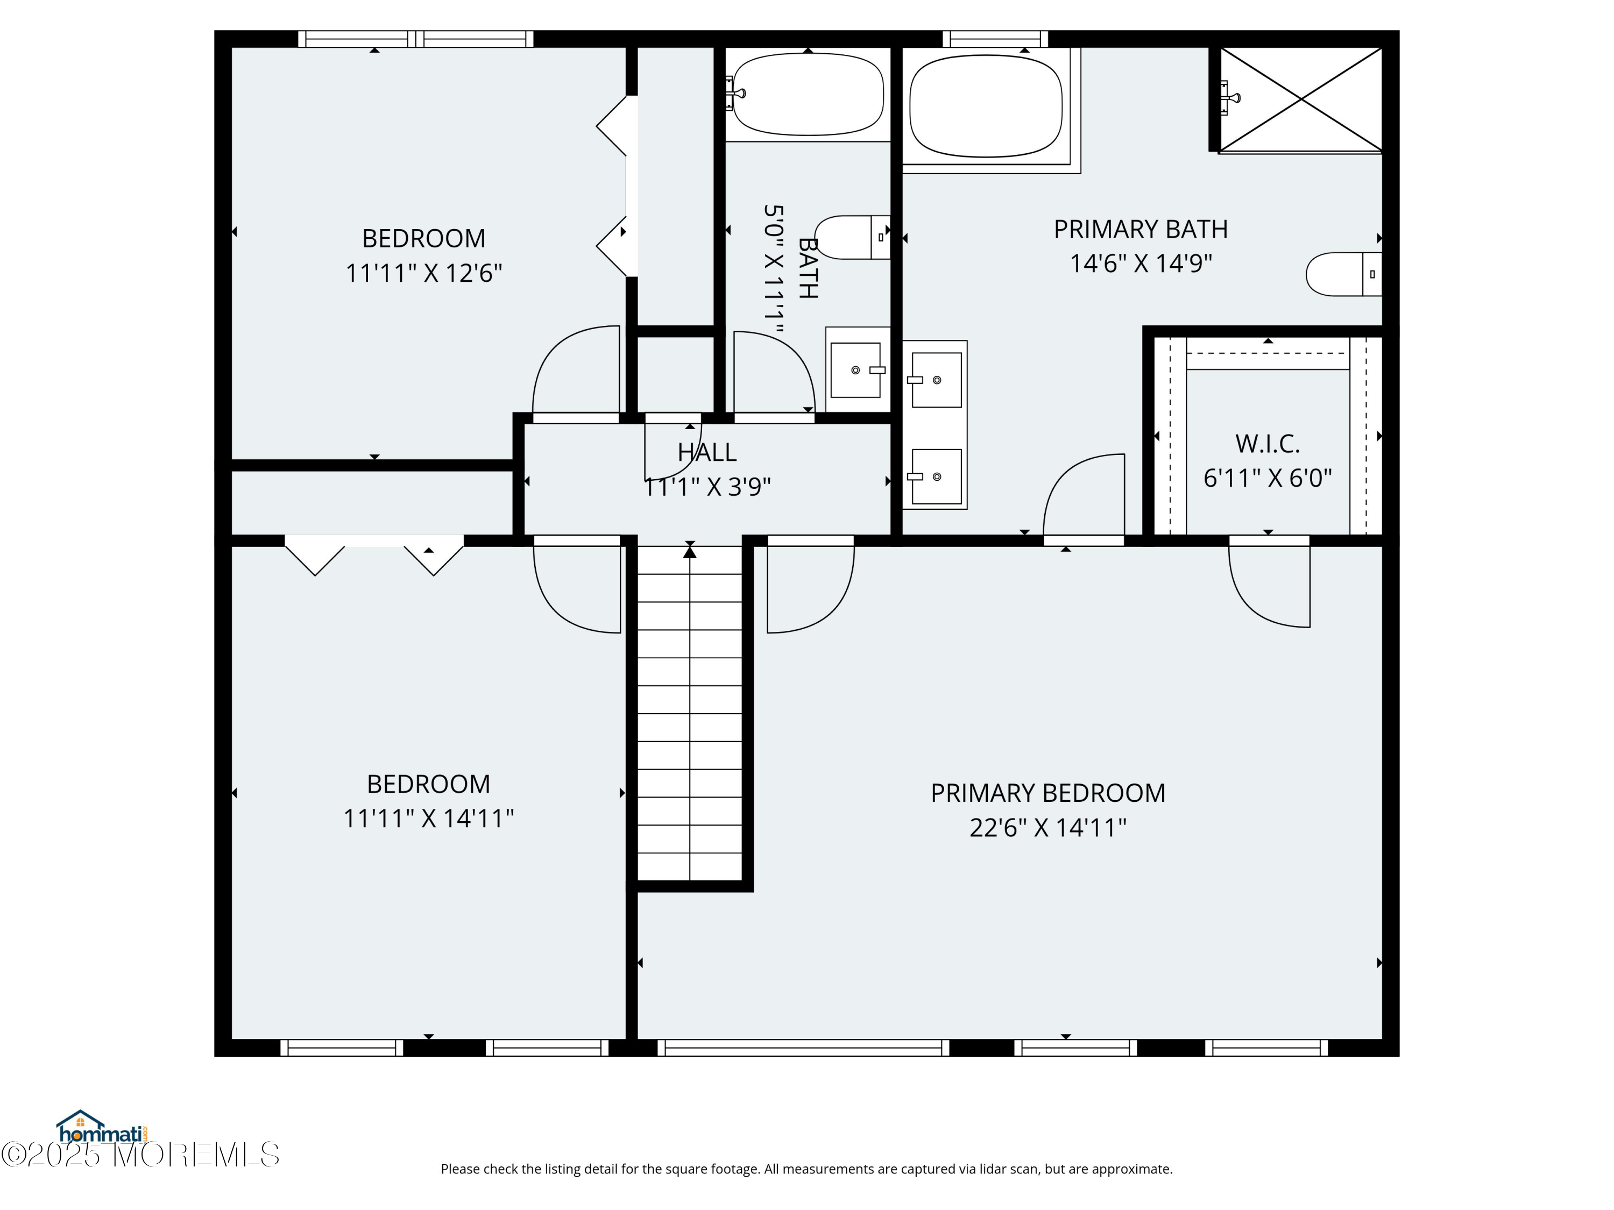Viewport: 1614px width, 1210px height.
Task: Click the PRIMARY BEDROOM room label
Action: pyautogui.click(x=1048, y=793)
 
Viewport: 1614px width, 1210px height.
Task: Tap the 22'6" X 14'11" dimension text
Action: pyautogui.click(x=1048, y=828)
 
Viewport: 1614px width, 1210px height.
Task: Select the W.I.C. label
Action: pyautogui.click(x=1268, y=444)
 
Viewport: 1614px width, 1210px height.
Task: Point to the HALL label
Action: pyautogui.click(x=707, y=452)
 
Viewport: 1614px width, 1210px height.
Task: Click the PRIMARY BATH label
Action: pyautogui.click(x=1141, y=229)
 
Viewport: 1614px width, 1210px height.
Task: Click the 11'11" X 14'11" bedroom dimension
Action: pyautogui.click(x=429, y=818)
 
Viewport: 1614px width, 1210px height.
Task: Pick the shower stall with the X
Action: pyautogui.click(x=1301, y=100)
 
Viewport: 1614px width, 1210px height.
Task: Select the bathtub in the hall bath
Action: pyautogui.click(x=808, y=94)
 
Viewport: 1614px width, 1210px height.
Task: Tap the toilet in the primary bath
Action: pyautogui.click(x=1343, y=274)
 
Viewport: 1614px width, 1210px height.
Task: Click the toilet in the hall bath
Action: pyautogui.click(x=852, y=237)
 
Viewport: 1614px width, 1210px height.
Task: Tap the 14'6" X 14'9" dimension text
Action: pyautogui.click(x=1141, y=264)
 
